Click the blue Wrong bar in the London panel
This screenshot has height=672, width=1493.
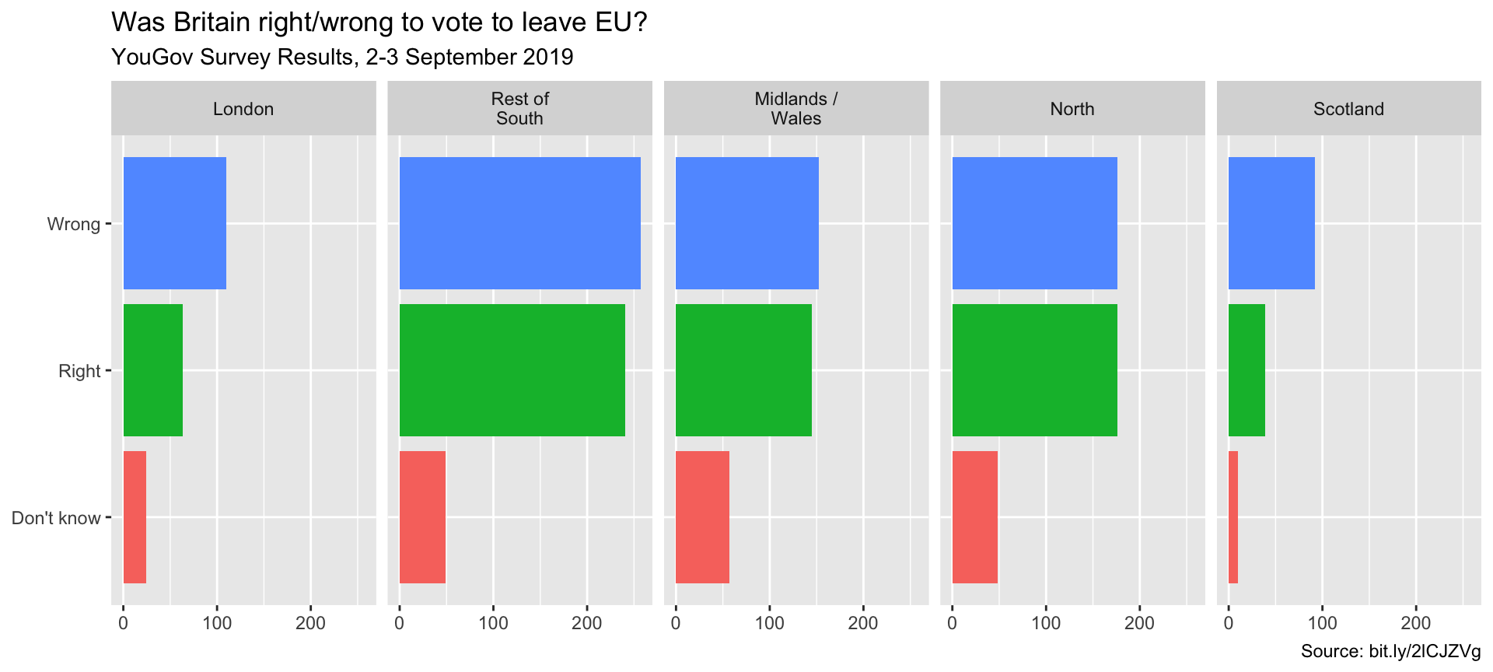pyautogui.click(x=175, y=223)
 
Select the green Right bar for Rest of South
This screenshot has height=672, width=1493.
pyautogui.click(x=512, y=370)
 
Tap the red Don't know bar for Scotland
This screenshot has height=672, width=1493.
pyautogui.click(x=1233, y=517)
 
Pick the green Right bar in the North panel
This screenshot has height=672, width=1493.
pyautogui.click(x=1034, y=370)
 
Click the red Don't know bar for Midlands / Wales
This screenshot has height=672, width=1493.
pyautogui.click(x=702, y=517)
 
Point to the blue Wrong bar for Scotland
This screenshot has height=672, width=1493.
pyautogui.click(x=1271, y=223)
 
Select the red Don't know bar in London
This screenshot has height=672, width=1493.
pyautogui.click(x=135, y=517)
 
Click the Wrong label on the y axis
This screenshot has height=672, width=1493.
pyautogui.click(x=74, y=224)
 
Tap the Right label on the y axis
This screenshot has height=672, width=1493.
pyautogui.click(x=79, y=371)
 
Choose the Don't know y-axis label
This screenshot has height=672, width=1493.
pyautogui.click(x=56, y=518)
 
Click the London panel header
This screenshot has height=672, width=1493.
pyautogui.click(x=243, y=109)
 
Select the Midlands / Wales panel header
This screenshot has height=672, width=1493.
pyautogui.click(x=796, y=109)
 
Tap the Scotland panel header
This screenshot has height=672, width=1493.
pyautogui.click(x=1348, y=109)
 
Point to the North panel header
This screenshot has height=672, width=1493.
pyautogui.click(x=1072, y=109)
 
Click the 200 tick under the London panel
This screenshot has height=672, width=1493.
pyautogui.click(x=311, y=623)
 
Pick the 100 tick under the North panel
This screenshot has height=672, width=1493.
pyautogui.click(x=1046, y=623)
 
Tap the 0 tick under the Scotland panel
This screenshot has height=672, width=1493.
pyautogui.click(x=1229, y=623)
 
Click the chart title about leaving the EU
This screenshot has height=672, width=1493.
pyautogui.click(x=379, y=23)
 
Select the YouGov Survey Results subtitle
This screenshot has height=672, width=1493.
pyautogui.click(x=342, y=57)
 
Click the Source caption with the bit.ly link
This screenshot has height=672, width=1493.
pyautogui.click(x=1390, y=652)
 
